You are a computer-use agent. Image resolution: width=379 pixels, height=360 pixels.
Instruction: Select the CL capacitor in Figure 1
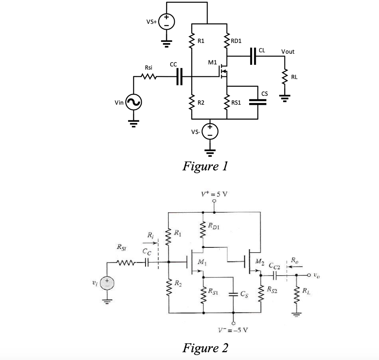[253, 56]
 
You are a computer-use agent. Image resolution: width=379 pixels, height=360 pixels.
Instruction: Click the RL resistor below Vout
[285, 77]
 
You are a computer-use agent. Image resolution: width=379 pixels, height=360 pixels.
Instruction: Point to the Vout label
[288, 51]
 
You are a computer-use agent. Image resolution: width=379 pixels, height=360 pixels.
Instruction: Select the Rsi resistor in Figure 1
[149, 77]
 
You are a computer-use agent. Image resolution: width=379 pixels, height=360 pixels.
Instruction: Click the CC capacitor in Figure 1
[180, 77]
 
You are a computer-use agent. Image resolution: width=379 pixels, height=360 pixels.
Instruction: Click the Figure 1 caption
[205, 166]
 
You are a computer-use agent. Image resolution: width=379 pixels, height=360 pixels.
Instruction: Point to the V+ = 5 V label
[214, 194]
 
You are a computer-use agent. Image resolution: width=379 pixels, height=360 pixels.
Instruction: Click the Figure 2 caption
[205, 348]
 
